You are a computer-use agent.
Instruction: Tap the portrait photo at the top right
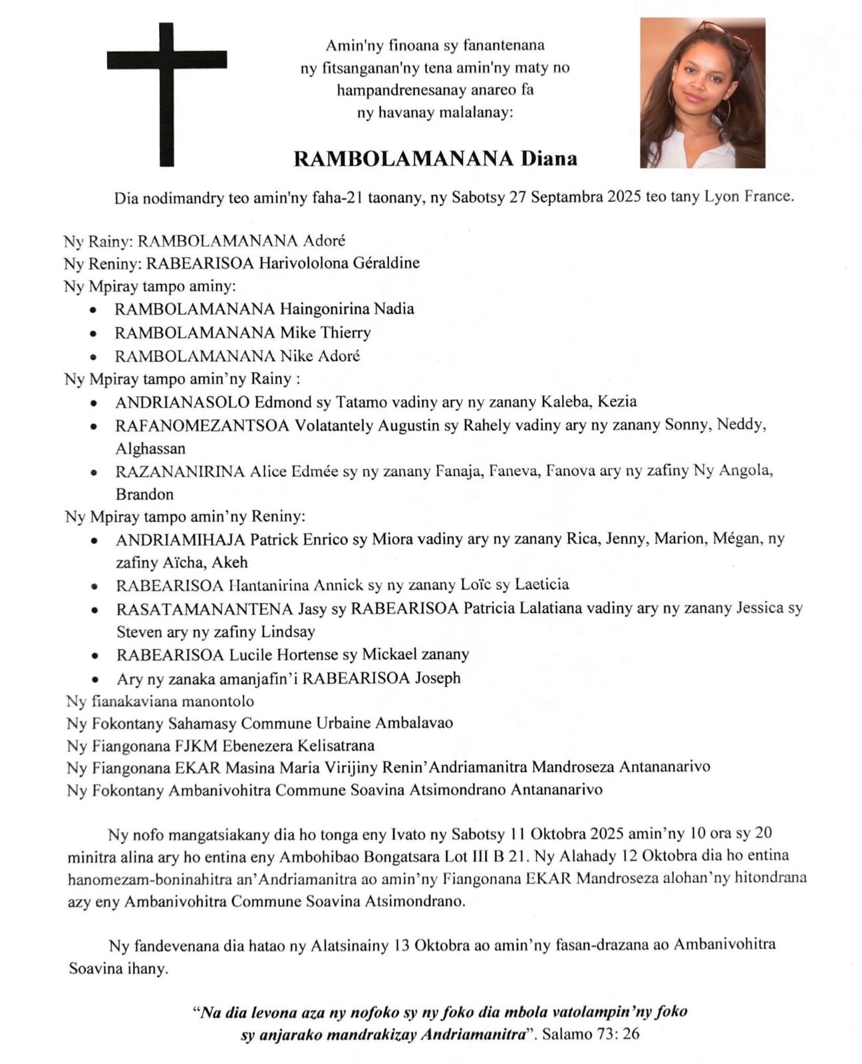[x=702, y=92]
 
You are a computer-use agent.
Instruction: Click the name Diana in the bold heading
[x=549, y=159]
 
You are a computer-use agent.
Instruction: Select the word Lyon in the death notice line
[x=721, y=197]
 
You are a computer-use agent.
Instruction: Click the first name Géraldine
[x=386, y=263]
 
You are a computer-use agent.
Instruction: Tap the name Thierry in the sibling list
[x=345, y=332]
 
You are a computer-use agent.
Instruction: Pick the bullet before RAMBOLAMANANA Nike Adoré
[x=94, y=357]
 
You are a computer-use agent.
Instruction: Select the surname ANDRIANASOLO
[x=182, y=402]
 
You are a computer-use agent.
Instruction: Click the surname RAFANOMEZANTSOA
[x=202, y=426]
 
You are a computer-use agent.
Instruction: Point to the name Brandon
[x=144, y=495]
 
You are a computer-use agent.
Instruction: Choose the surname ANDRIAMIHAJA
[x=180, y=539]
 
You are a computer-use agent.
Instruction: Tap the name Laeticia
[x=541, y=585]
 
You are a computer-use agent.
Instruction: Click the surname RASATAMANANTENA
[x=204, y=608]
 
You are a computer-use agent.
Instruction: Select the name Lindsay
[x=287, y=632]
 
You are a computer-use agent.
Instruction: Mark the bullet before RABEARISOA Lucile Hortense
[x=95, y=656]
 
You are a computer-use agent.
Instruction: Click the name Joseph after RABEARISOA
[x=438, y=678]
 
